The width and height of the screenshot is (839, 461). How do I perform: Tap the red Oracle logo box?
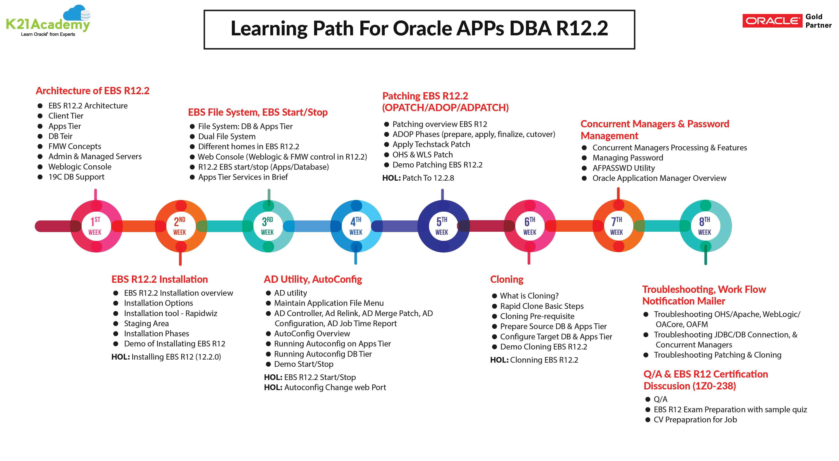point(772,21)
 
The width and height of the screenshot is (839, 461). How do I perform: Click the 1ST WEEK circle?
point(95,226)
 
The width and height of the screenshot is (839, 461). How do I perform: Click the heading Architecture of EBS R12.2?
point(93,91)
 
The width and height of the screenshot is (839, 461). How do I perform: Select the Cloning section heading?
point(506,279)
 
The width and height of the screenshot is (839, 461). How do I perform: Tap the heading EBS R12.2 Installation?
point(160,279)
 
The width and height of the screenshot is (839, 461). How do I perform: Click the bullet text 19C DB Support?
point(76,177)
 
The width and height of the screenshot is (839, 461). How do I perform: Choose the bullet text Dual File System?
point(227,137)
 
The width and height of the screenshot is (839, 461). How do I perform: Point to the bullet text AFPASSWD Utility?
point(623,168)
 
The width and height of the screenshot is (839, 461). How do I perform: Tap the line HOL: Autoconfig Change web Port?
point(325,388)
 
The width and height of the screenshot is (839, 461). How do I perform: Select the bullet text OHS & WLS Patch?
point(422,155)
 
